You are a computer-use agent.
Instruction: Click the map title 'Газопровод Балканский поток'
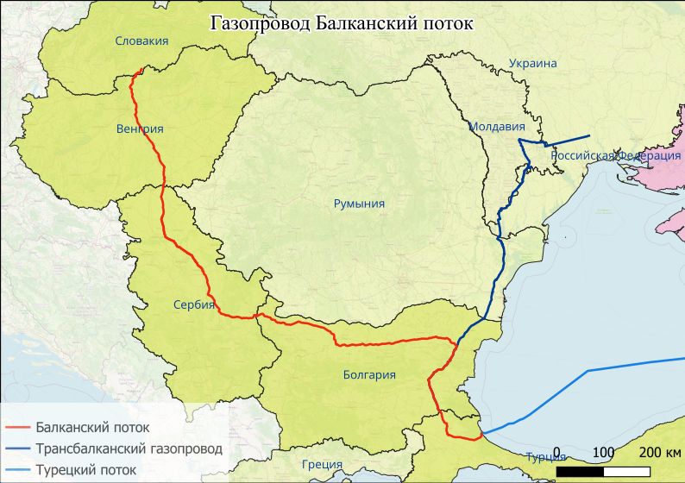342,23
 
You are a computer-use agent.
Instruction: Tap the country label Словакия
141,41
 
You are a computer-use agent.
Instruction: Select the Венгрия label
139,129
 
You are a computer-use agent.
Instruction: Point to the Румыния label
359,204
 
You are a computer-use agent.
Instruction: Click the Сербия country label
193,304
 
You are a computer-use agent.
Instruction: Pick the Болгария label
369,374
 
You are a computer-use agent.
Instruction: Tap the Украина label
532,63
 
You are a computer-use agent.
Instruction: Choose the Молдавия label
497,126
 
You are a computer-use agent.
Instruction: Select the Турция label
545,456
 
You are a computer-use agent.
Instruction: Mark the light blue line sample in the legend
18,470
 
